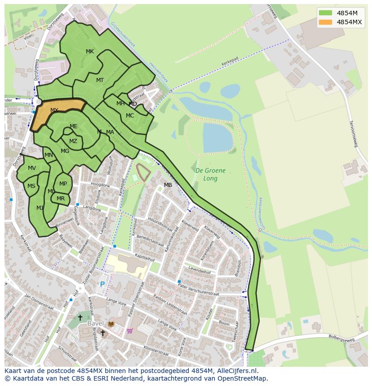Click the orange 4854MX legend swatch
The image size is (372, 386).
326,22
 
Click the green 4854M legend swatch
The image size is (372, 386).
326,13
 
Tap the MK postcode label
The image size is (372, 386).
90,52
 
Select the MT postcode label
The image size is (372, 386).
100,80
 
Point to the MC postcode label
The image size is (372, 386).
130,116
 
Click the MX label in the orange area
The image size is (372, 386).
54,110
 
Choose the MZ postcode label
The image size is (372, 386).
73,141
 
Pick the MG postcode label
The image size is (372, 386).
65,151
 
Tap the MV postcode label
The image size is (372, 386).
32,168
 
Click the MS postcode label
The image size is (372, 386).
31,186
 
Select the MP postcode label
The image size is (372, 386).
63,183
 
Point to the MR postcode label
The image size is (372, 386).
61,199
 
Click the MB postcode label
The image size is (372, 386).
168,185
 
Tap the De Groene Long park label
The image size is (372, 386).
210,174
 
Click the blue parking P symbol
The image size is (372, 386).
102,284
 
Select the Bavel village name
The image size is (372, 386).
96,323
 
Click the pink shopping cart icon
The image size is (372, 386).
130,331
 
